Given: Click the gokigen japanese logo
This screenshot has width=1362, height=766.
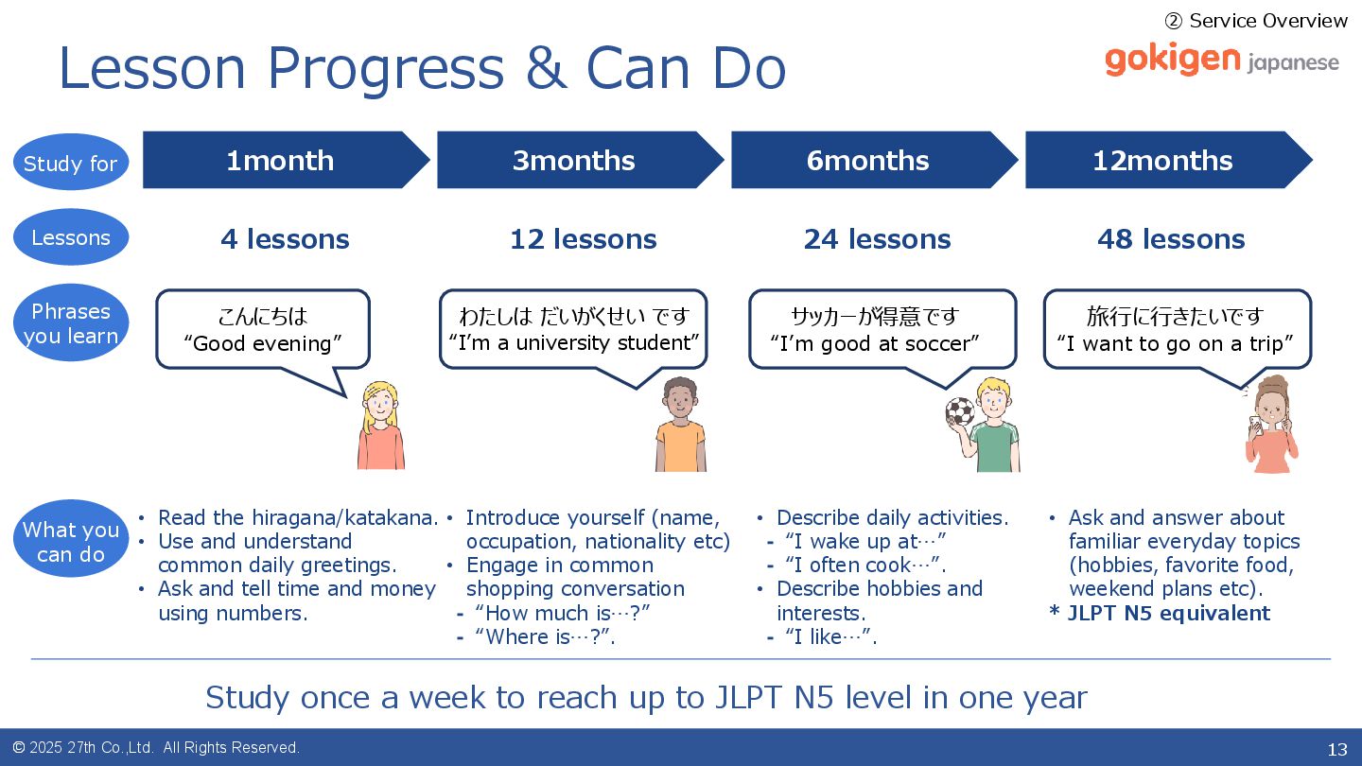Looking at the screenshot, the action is tap(1222, 60).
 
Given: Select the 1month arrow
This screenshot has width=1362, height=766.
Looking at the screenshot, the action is tap(286, 160).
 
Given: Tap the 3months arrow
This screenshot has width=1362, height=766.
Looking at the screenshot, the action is tap(580, 160).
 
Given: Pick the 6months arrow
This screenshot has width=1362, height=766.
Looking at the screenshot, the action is tap(874, 160).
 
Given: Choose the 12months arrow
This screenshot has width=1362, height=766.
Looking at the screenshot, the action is tap(1169, 160).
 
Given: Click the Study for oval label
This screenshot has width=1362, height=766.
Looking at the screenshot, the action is tap(71, 162).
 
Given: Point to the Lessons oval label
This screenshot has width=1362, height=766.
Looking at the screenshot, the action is tap(71, 237).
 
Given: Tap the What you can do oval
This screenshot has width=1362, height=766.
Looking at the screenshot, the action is tap(71, 539).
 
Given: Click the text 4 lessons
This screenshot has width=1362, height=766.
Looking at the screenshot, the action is tap(285, 239).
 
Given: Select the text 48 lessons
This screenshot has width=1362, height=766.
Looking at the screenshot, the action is tap(1171, 239).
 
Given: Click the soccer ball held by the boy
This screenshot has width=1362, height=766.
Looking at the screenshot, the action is tap(960, 411).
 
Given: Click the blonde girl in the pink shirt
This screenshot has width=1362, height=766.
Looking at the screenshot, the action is tap(380, 426).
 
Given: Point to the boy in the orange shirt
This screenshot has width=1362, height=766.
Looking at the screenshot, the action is tap(680, 425).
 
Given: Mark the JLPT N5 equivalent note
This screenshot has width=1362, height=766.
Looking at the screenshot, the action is tap(1161, 613).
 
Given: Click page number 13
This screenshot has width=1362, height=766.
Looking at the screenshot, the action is tap(1337, 749).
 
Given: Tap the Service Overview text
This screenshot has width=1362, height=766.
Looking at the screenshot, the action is tap(1256, 21).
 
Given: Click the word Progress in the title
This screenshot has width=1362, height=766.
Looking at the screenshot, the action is tap(386, 70).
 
